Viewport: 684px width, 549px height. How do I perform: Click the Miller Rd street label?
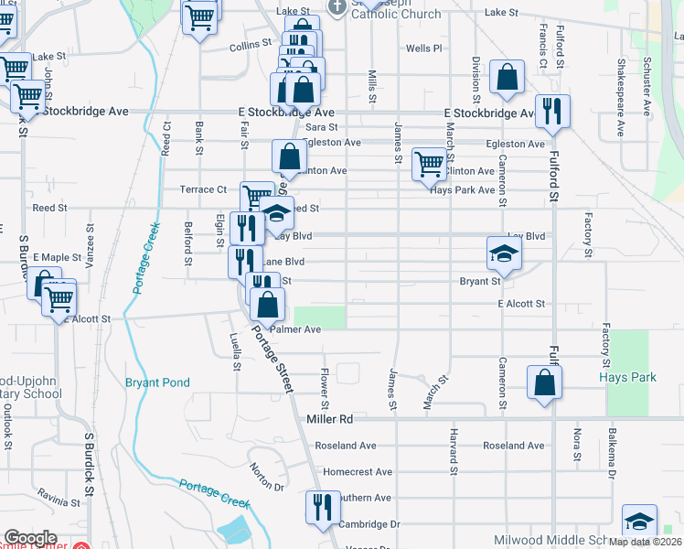(330, 419)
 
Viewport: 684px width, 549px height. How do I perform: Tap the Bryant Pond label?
(153, 382)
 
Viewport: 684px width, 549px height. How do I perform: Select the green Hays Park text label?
(627, 377)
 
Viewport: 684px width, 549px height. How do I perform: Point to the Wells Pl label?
(423, 48)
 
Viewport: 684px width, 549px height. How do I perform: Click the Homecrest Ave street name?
(358, 472)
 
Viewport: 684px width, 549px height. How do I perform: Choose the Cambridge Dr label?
(369, 524)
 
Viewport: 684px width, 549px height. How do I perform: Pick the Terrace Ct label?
(202, 189)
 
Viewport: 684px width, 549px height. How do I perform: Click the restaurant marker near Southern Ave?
(321, 509)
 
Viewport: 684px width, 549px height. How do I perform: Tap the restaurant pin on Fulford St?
(552, 113)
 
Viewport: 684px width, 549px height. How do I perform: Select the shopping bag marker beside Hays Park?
(544, 383)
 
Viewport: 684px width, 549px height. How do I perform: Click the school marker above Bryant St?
(503, 254)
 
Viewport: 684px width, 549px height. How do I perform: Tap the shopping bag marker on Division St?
(507, 79)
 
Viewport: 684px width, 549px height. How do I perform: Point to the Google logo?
(30, 538)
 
